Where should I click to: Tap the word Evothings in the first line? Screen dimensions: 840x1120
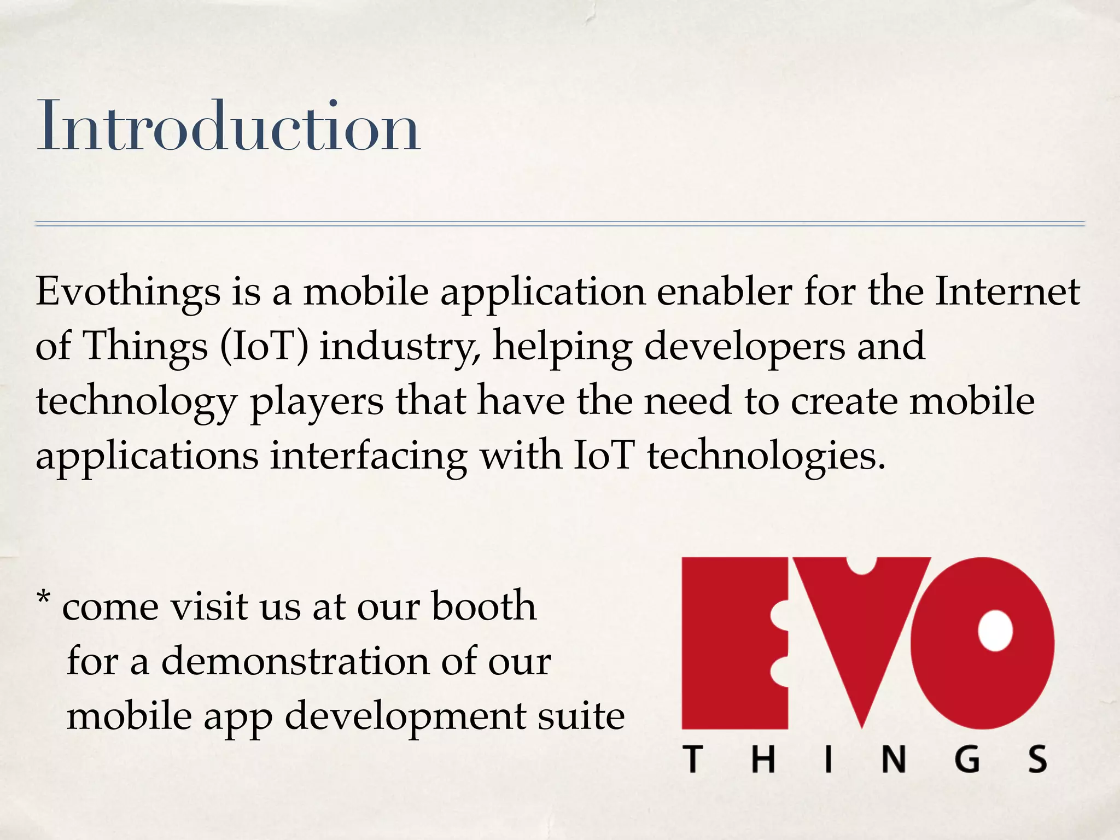pyautogui.click(x=128, y=293)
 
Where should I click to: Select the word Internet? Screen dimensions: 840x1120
pyautogui.click(x=1007, y=291)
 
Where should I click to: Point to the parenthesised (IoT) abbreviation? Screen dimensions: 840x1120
pyautogui.click(x=264, y=347)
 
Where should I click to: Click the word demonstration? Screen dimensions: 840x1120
pyautogui.click(x=295, y=661)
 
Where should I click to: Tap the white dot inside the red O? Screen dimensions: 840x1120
pyautogui.click(x=995, y=630)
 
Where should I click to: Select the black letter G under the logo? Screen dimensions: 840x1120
pyautogui.click(x=967, y=760)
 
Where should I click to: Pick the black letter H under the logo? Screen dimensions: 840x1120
pyautogui.click(x=763, y=760)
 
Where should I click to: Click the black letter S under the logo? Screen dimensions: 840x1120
pyautogui.click(x=1037, y=760)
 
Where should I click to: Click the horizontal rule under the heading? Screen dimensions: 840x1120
pyautogui.click(x=560, y=224)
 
